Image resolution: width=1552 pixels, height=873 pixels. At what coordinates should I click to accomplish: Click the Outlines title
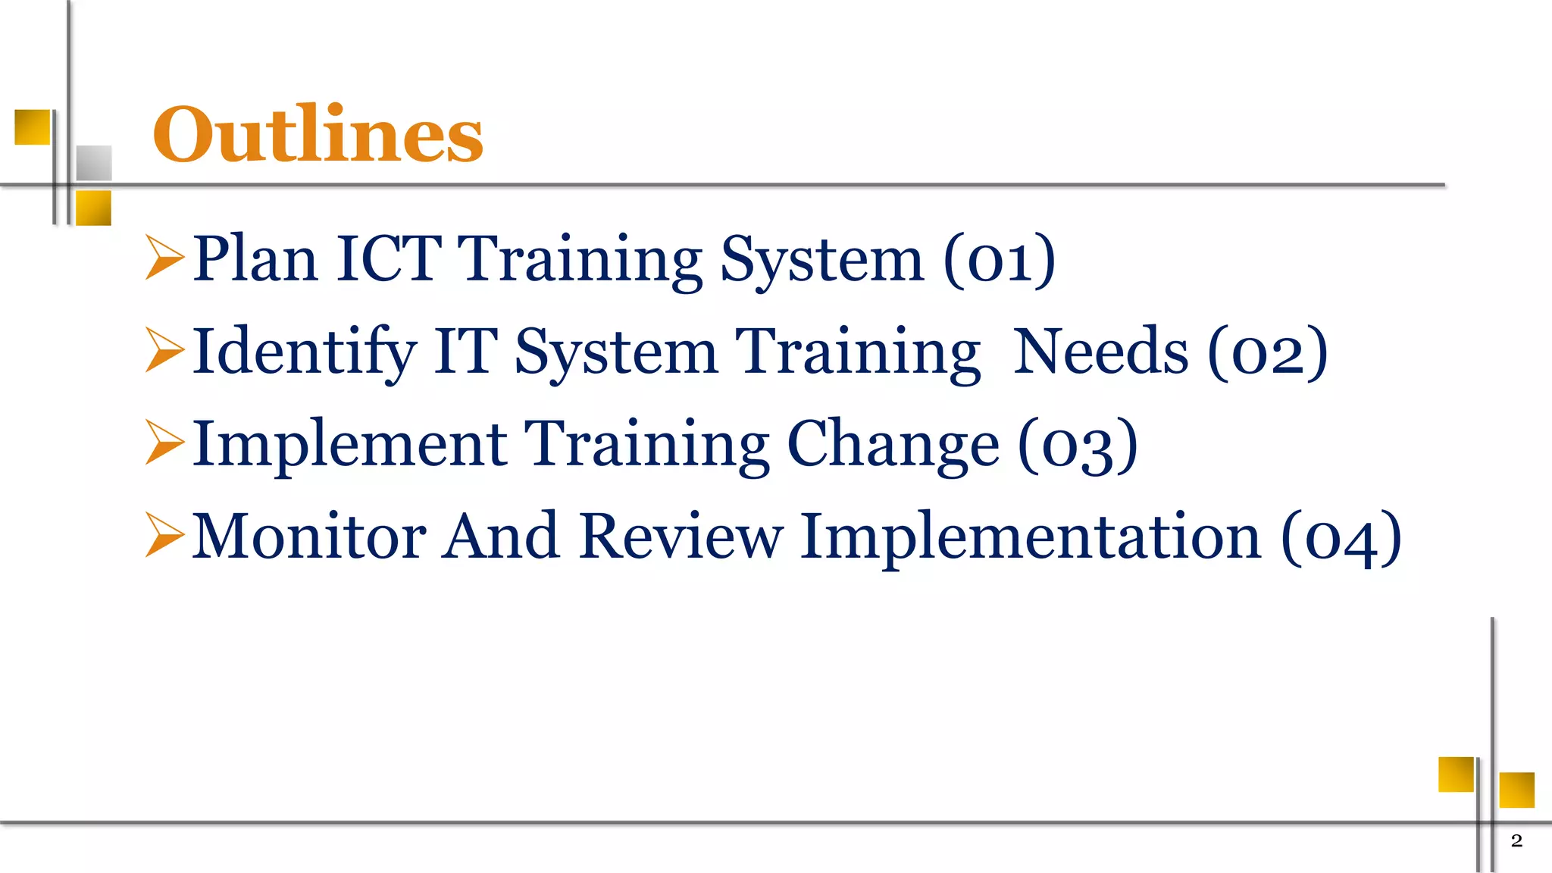pos(318,135)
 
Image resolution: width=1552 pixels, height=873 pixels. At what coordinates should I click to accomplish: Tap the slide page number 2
pos(1516,840)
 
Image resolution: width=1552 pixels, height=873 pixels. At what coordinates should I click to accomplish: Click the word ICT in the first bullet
pos(389,258)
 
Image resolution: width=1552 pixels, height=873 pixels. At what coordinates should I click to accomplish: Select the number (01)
pos(999,260)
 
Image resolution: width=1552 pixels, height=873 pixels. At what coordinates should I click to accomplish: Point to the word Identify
pos(304,352)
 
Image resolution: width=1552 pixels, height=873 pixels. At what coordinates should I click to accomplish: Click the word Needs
pos(1100,352)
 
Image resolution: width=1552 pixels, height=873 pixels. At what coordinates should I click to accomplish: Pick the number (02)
pos(1267,352)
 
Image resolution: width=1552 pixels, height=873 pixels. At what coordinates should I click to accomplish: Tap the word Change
pos(893,445)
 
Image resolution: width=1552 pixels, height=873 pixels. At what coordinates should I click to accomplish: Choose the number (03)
pos(1077,446)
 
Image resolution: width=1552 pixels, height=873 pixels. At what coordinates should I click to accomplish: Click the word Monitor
pos(309,537)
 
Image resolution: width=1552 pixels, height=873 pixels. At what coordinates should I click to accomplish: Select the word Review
pos(680,537)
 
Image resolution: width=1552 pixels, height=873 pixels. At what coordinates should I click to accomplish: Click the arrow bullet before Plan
pos(164,258)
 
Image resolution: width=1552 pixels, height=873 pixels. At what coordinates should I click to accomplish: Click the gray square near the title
pos(94,163)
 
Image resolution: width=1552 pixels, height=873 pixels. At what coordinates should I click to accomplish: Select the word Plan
pos(255,258)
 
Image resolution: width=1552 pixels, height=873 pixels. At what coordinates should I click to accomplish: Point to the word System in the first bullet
pos(822,260)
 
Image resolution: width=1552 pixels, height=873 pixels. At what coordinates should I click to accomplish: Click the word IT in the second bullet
pos(465,352)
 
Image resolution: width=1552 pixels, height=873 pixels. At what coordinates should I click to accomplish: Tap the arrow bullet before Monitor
pos(164,535)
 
